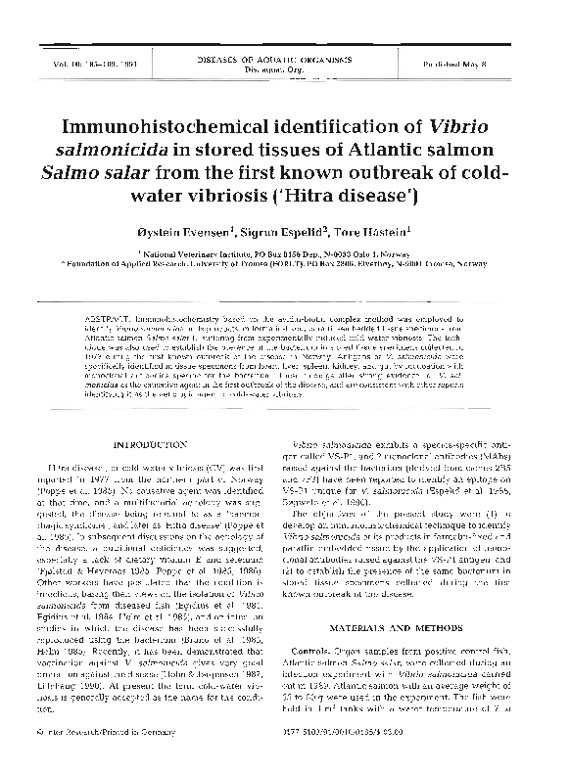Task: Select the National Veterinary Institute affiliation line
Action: [284, 251]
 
